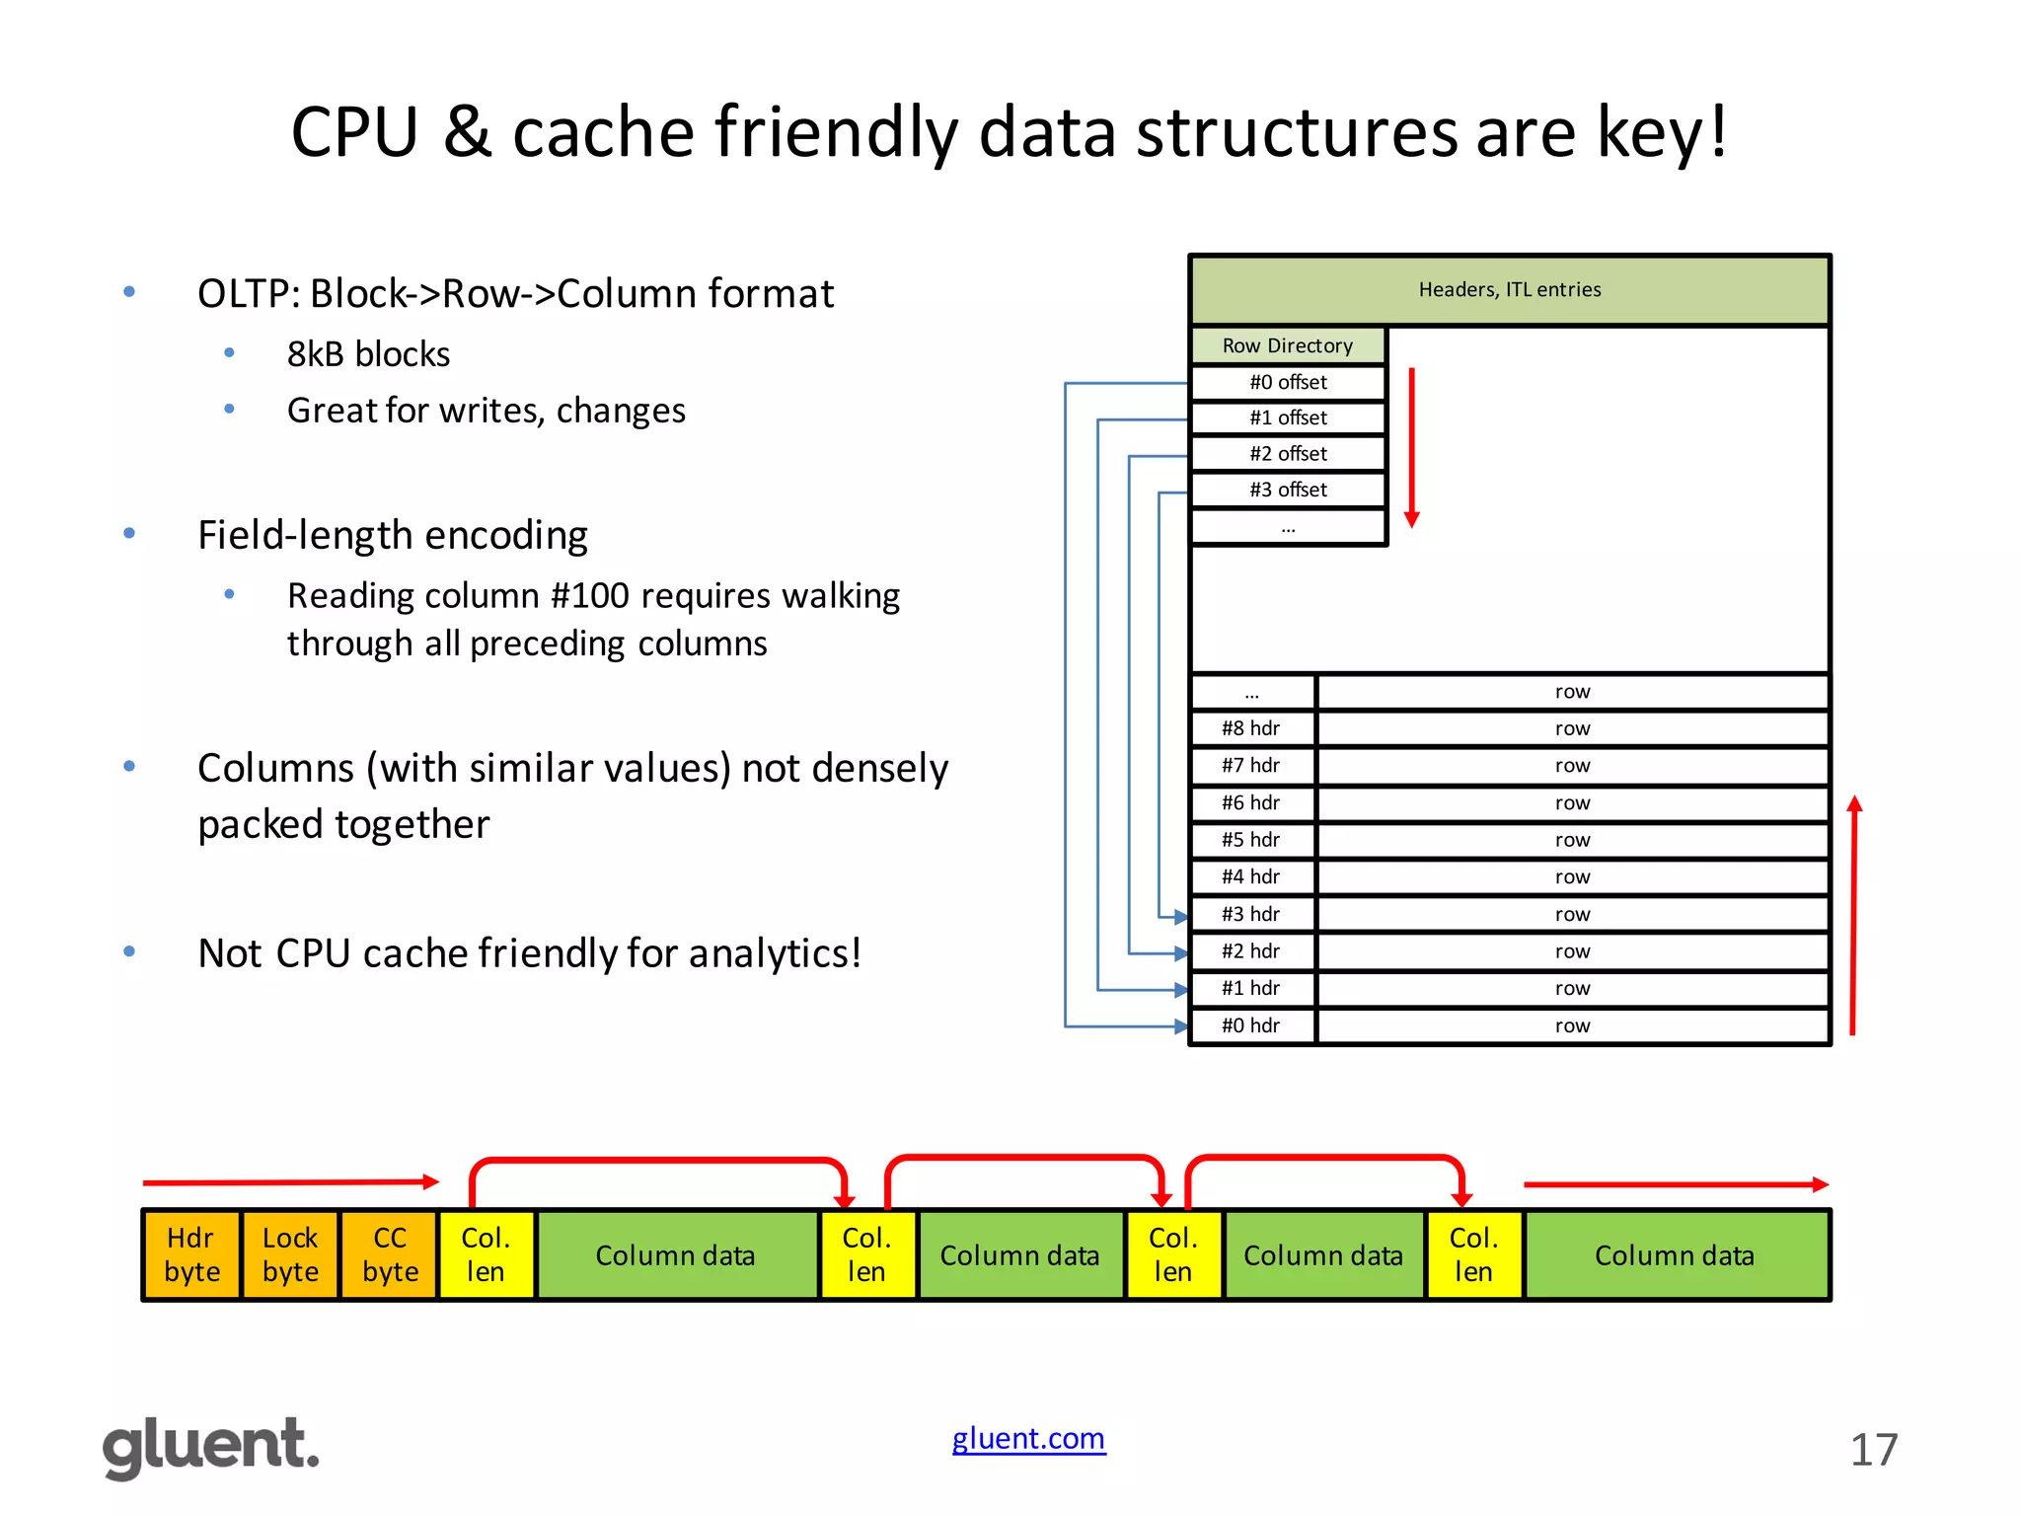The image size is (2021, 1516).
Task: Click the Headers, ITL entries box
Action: pos(1509,289)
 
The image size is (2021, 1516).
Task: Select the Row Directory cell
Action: pos(1287,345)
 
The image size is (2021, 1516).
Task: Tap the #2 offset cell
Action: pos(1287,454)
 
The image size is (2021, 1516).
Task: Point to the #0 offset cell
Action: pos(1287,382)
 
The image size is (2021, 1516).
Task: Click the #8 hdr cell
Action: pos(1250,728)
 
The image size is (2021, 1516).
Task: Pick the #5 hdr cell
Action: pos(1250,840)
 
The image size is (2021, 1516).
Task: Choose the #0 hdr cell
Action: pos(1250,1025)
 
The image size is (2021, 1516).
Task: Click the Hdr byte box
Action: pos(191,1254)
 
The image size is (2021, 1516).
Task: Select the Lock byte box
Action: pos(290,1254)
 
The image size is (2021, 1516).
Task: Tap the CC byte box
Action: pos(390,1254)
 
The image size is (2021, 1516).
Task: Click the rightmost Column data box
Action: pos(1675,1254)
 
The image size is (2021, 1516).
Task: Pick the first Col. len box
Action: pos(486,1254)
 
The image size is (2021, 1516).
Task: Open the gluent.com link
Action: pos(1028,1438)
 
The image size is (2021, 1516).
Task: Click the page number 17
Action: pos(1873,1450)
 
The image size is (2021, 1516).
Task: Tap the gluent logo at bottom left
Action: pos(211,1447)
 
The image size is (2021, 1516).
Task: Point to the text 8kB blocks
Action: pos(368,354)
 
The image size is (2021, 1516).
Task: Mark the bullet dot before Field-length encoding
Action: pos(129,534)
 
